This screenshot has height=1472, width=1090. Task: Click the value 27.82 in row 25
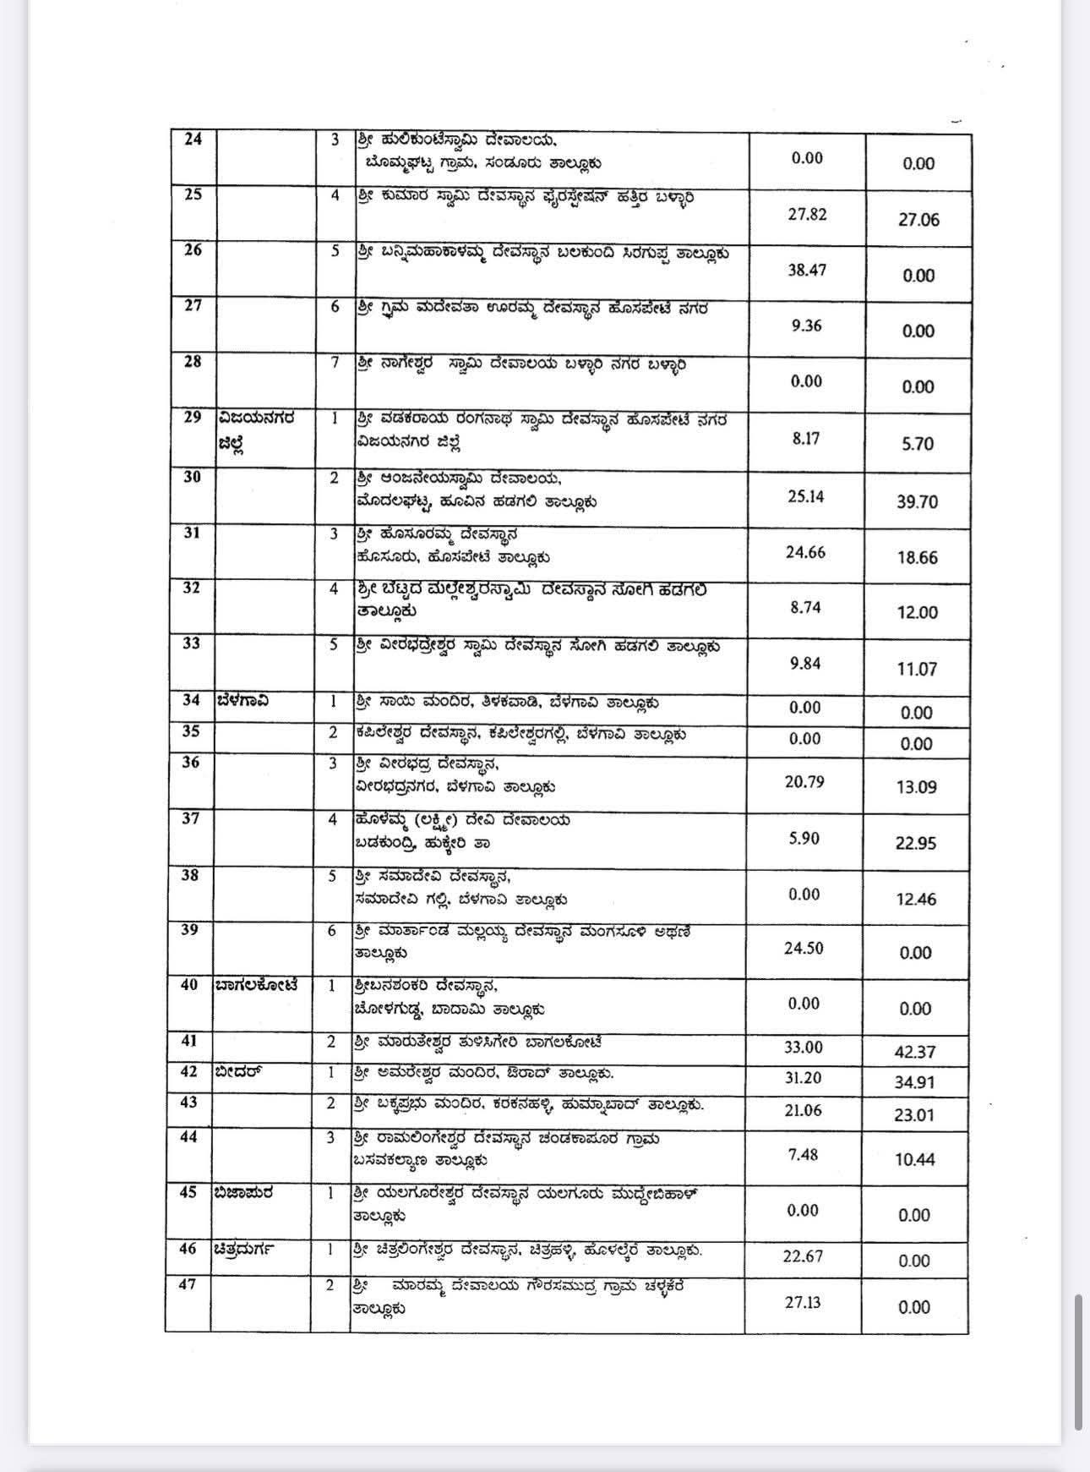pyautogui.click(x=807, y=215)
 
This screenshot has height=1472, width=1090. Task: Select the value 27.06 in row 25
pyautogui.click(x=918, y=220)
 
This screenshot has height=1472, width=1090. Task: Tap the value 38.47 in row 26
pyautogui.click(x=807, y=271)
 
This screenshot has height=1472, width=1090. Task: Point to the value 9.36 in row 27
pyautogui.click(x=807, y=326)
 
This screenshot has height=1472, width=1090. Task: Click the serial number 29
pyautogui.click(x=193, y=418)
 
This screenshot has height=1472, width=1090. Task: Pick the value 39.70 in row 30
pyautogui.click(x=917, y=501)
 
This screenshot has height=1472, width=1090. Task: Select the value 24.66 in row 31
pyautogui.click(x=805, y=552)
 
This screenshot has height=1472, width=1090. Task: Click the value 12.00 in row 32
pyautogui.click(x=917, y=613)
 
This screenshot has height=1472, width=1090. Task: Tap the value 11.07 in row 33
pyautogui.click(x=917, y=669)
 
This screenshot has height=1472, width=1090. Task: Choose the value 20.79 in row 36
pyautogui.click(x=804, y=781)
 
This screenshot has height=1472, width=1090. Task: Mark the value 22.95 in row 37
pyautogui.click(x=916, y=843)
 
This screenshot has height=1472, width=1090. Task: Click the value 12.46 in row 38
pyautogui.click(x=916, y=899)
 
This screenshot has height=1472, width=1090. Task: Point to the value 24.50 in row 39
pyautogui.click(x=804, y=948)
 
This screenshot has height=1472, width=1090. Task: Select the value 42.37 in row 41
pyautogui.click(x=915, y=1052)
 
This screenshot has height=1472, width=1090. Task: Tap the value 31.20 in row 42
pyautogui.click(x=803, y=1078)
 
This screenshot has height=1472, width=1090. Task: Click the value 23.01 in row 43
pyautogui.click(x=914, y=1114)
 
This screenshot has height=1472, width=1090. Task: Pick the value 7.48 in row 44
pyautogui.click(x=803, y=1154)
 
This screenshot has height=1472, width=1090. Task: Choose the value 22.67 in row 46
pyautogui.click(x=803, y=1256)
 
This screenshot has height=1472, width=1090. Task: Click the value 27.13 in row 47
pyautogui.click(x=803, y=1301)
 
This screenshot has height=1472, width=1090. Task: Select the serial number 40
pyautogui.click(x=189, y=985)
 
